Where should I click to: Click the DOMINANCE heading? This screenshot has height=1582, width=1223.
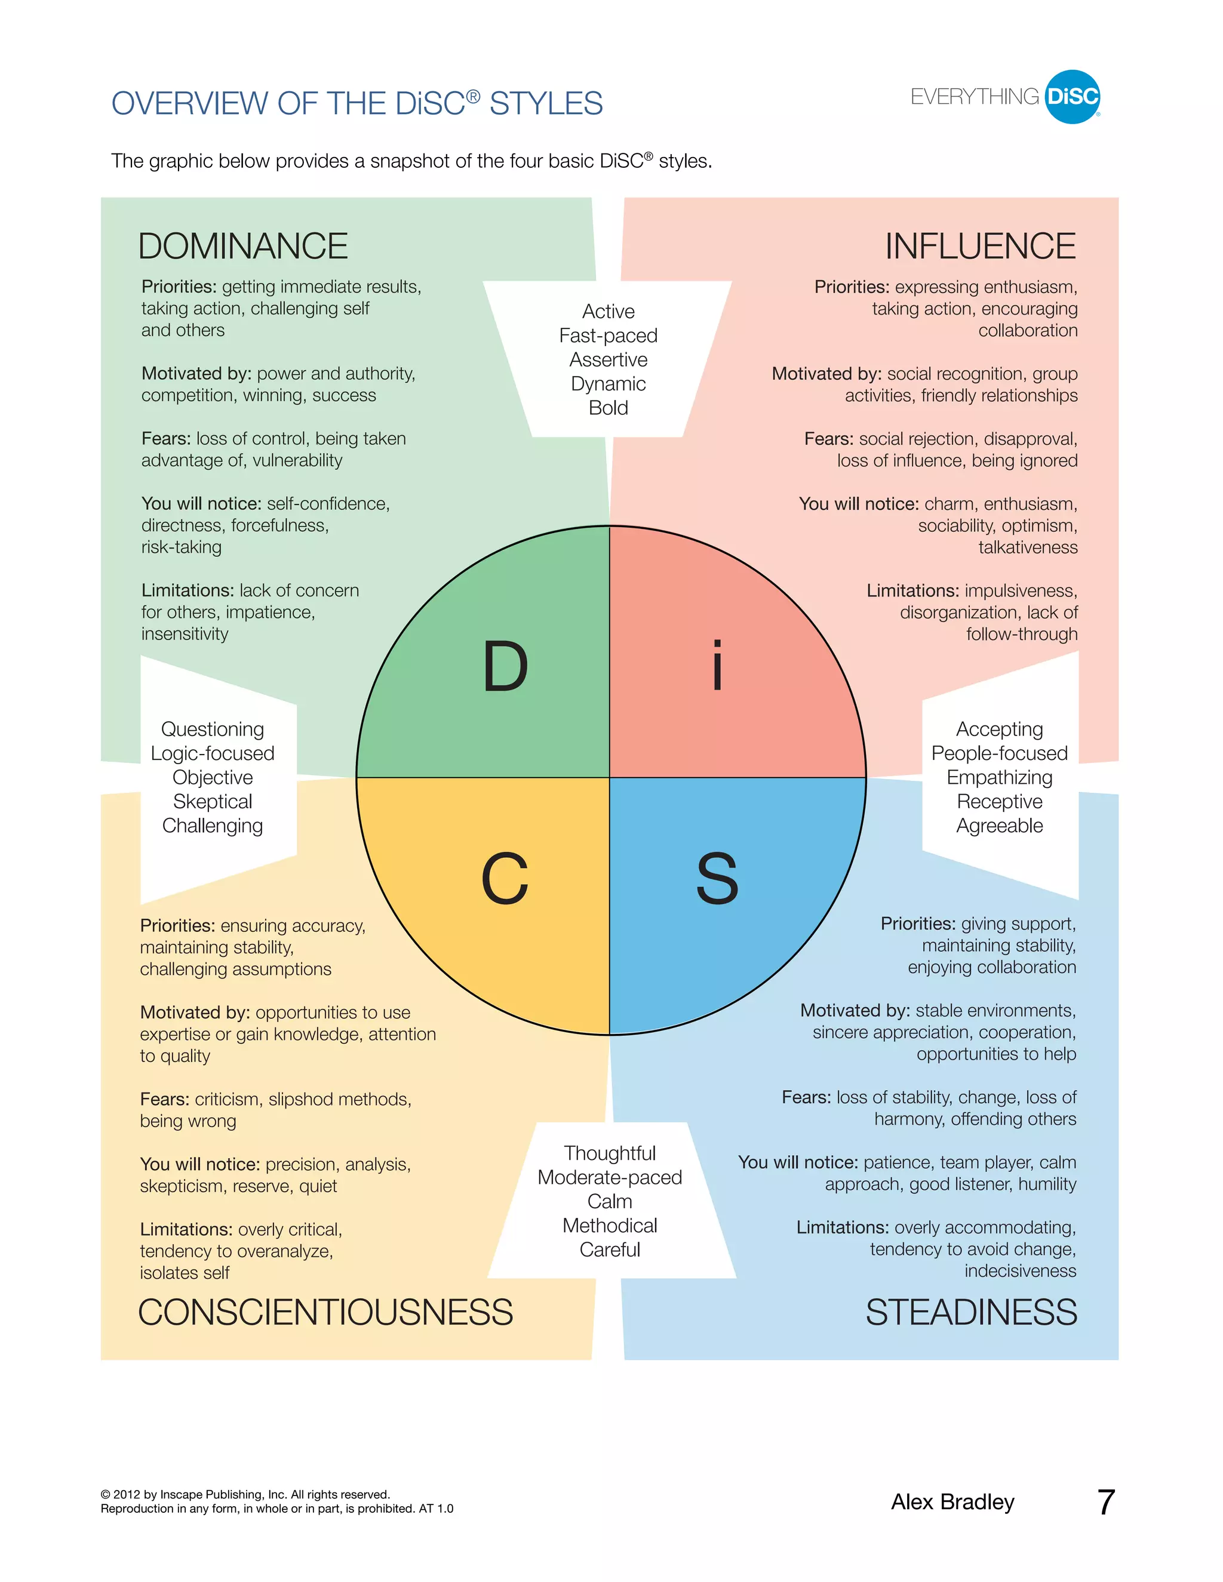tap(242, 247)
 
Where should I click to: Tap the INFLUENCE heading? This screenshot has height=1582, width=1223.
tap(981, 247)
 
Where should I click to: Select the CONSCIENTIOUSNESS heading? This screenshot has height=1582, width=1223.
tap(325, 1313)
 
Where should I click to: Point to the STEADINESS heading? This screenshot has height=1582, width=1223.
tap(971, 1313)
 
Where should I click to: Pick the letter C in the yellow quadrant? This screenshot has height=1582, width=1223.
tap(505, 878)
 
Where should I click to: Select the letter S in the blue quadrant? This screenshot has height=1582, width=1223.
tap(717, 878)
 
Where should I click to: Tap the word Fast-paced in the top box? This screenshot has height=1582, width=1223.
tap(609, 336)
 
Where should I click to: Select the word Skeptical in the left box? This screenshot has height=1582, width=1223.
tap(212, 801)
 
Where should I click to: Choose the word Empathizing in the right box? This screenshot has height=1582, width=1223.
tap(999, 777)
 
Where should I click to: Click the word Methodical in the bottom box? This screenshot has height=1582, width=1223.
tap(610, 1226)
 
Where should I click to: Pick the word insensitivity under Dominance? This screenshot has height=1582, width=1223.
tap(185, 634)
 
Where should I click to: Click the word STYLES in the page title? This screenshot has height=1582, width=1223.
tap(546, 104)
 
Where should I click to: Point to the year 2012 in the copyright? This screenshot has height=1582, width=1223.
tap(126, 1494)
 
